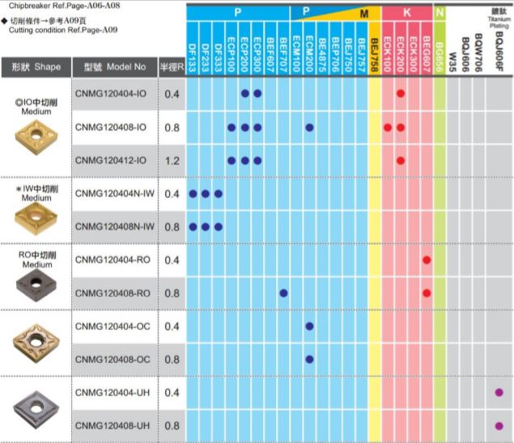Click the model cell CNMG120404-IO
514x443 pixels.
(x=112, y=95)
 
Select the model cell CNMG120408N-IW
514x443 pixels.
(x=114, y=226)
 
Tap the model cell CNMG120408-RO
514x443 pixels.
(x=112, y=293)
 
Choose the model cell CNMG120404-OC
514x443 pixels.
(x=112, y=326)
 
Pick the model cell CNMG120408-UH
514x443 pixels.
(x=112, y=425)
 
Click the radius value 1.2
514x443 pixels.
(x=172, y=160)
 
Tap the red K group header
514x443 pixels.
(x=406, y=14)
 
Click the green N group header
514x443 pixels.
(x=440, y=14)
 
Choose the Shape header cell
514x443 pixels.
(x=36, y=67)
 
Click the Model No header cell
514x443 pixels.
(x=114, y=67)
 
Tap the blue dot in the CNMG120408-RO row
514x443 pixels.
(x=283, y=293)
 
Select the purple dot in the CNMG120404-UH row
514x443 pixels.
(x=499, y=392)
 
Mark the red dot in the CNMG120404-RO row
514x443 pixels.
(x=427, y=259)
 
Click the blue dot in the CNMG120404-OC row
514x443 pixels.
(x=309, y=326)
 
